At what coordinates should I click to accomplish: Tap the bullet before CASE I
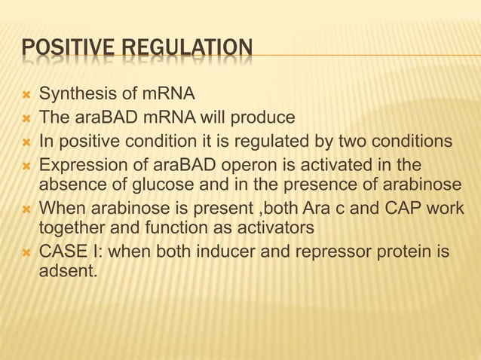click(25, 249)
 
